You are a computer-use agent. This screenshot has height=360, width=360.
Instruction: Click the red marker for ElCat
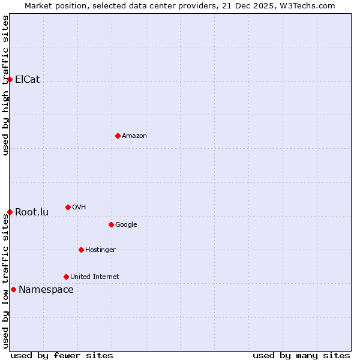(x=10, y=79)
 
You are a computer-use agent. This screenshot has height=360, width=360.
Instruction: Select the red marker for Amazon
(x=118, y=136)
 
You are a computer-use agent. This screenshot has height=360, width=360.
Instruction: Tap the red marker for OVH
(x=68, y=207)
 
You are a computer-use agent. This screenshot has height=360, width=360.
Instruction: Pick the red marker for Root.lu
(x=10, y=212)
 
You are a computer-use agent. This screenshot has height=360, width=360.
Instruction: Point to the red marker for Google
(x=111, y=224)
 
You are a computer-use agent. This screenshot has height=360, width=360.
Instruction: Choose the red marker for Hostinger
(x=81, y=250)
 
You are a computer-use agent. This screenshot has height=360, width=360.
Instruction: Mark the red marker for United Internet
(x=66, y=277)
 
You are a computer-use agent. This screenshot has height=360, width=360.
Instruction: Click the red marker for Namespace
(x=13, y=289)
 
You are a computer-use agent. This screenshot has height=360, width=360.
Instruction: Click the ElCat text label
(x=28, y=79)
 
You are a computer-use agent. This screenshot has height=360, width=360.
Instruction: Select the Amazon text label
(x=134, y=136)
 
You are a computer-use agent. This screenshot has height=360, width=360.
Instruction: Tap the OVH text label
(x=79, y=207)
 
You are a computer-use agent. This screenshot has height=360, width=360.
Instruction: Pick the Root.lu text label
(x=32, y=212)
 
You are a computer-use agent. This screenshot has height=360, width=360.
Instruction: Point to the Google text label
(x=126, y=224)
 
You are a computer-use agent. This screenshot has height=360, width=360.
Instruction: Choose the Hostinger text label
(x=100, y=250)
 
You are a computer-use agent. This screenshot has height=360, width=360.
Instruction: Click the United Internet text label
(x=95, y=277)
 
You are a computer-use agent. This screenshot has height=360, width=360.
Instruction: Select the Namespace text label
(x=46, y=289)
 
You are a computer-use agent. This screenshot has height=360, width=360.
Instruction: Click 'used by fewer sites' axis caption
(x=62, y=355)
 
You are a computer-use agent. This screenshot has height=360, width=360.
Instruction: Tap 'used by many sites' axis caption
(x=301, y=355)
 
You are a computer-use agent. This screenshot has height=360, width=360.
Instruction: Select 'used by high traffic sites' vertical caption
(x=5, y=85)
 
